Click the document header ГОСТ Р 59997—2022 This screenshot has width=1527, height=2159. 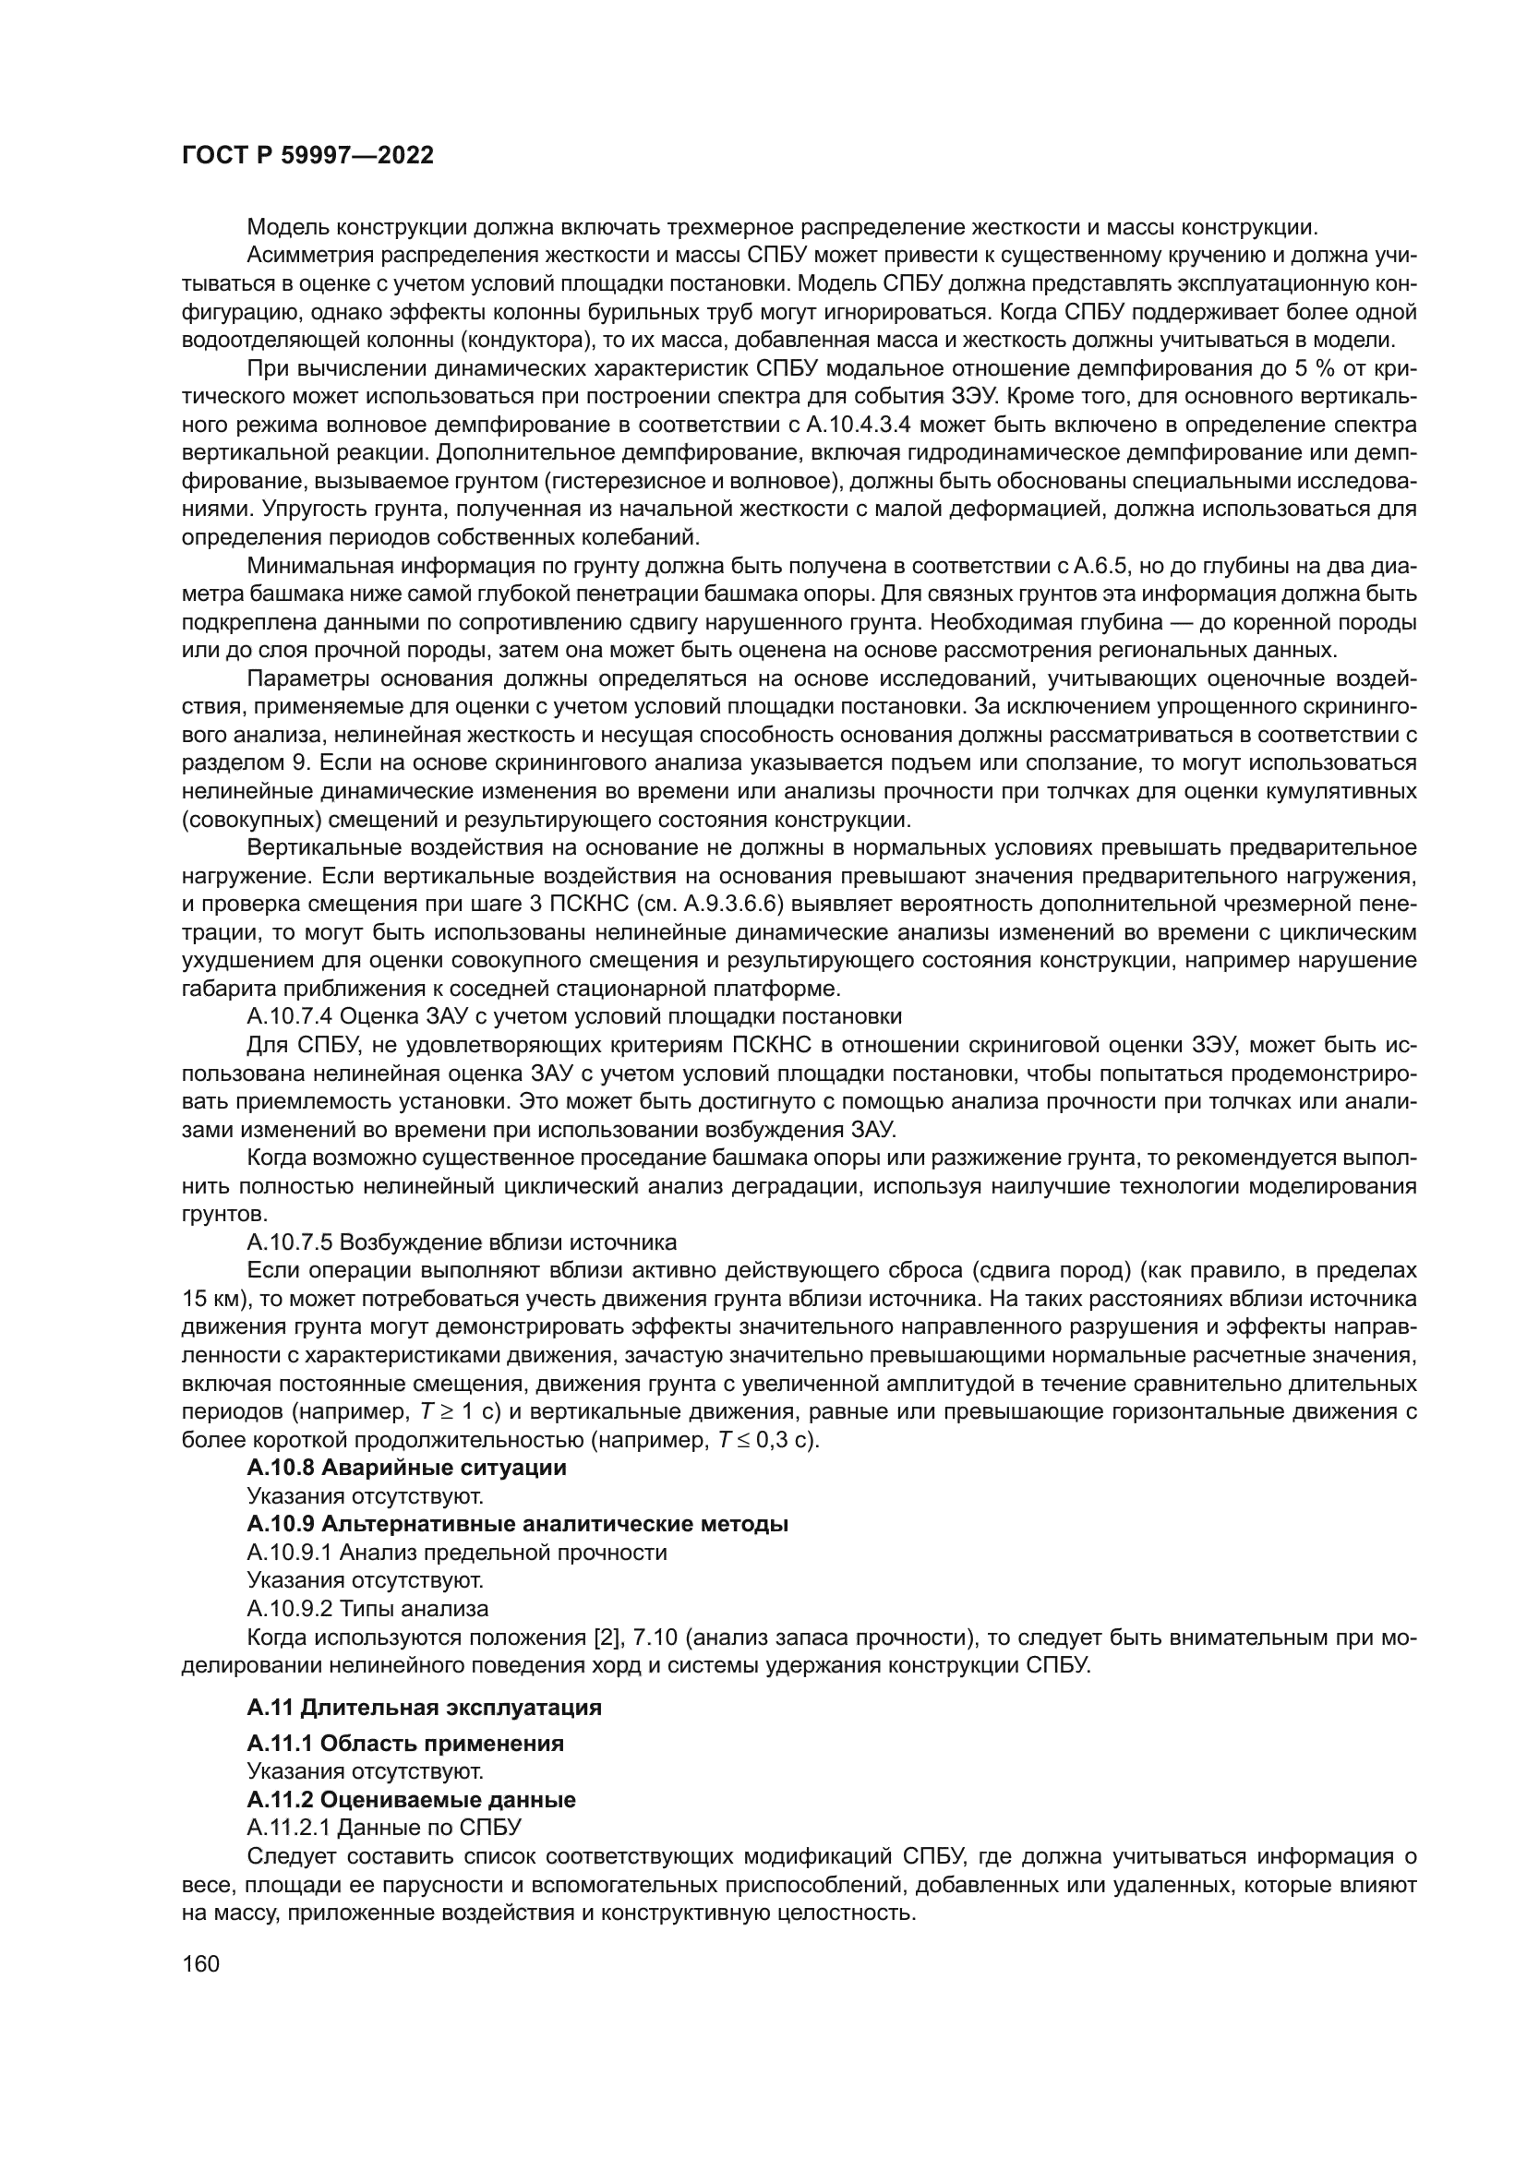click(x=307, y=156)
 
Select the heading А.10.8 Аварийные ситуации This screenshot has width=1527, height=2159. click(x=406, y=1467)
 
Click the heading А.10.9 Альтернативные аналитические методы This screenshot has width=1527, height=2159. click(x=517, y=1523)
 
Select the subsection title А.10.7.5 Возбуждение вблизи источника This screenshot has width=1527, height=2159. click(x=462, y=1242)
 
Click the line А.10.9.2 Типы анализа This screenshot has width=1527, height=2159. click(x=367, y=1608)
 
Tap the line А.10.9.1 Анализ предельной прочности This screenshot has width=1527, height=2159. click(x=457, y=1552)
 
